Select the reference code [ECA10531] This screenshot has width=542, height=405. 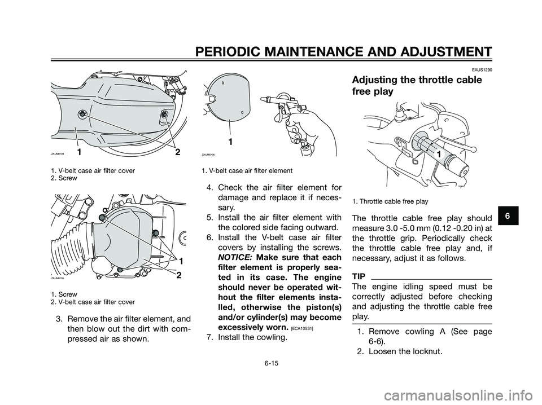[308, 327]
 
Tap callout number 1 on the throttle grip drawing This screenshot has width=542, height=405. [437, 153]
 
